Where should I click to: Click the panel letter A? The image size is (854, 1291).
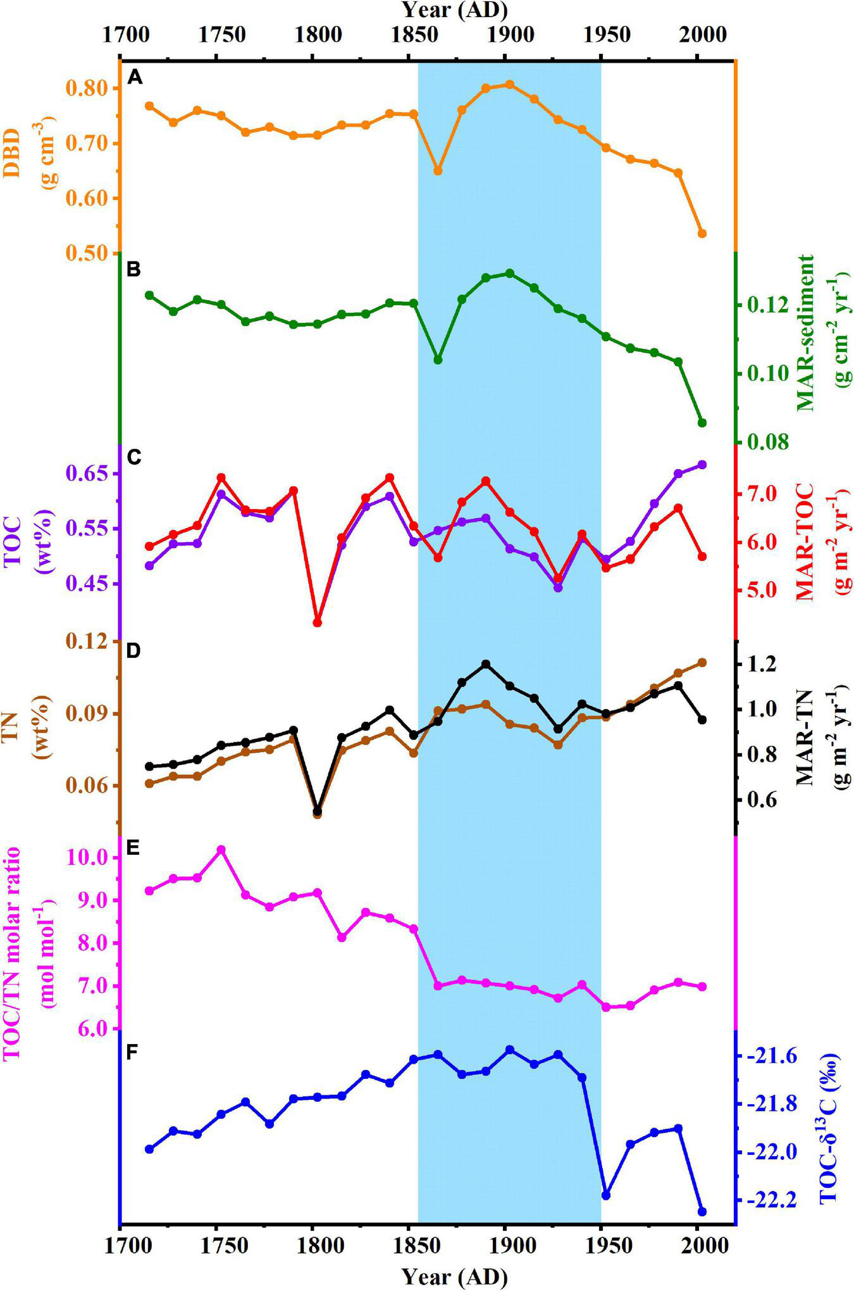click(x=133, y=77)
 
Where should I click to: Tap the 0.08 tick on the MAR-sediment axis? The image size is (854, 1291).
click(x=768, y=441)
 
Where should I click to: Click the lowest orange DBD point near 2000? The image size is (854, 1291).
click(x=702, y=234)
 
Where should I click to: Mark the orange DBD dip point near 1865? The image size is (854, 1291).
click(x=438, y=171)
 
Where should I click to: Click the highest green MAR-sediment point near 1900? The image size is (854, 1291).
click(x=510, y=273)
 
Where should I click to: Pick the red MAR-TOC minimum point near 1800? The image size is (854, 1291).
click(x=318, y=622)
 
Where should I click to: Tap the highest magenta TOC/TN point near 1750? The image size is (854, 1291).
click(x=221, y=849)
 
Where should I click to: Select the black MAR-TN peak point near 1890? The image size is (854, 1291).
click(x=486, y=664)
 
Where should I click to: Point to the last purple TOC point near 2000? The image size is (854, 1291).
click(x=702, y=465)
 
